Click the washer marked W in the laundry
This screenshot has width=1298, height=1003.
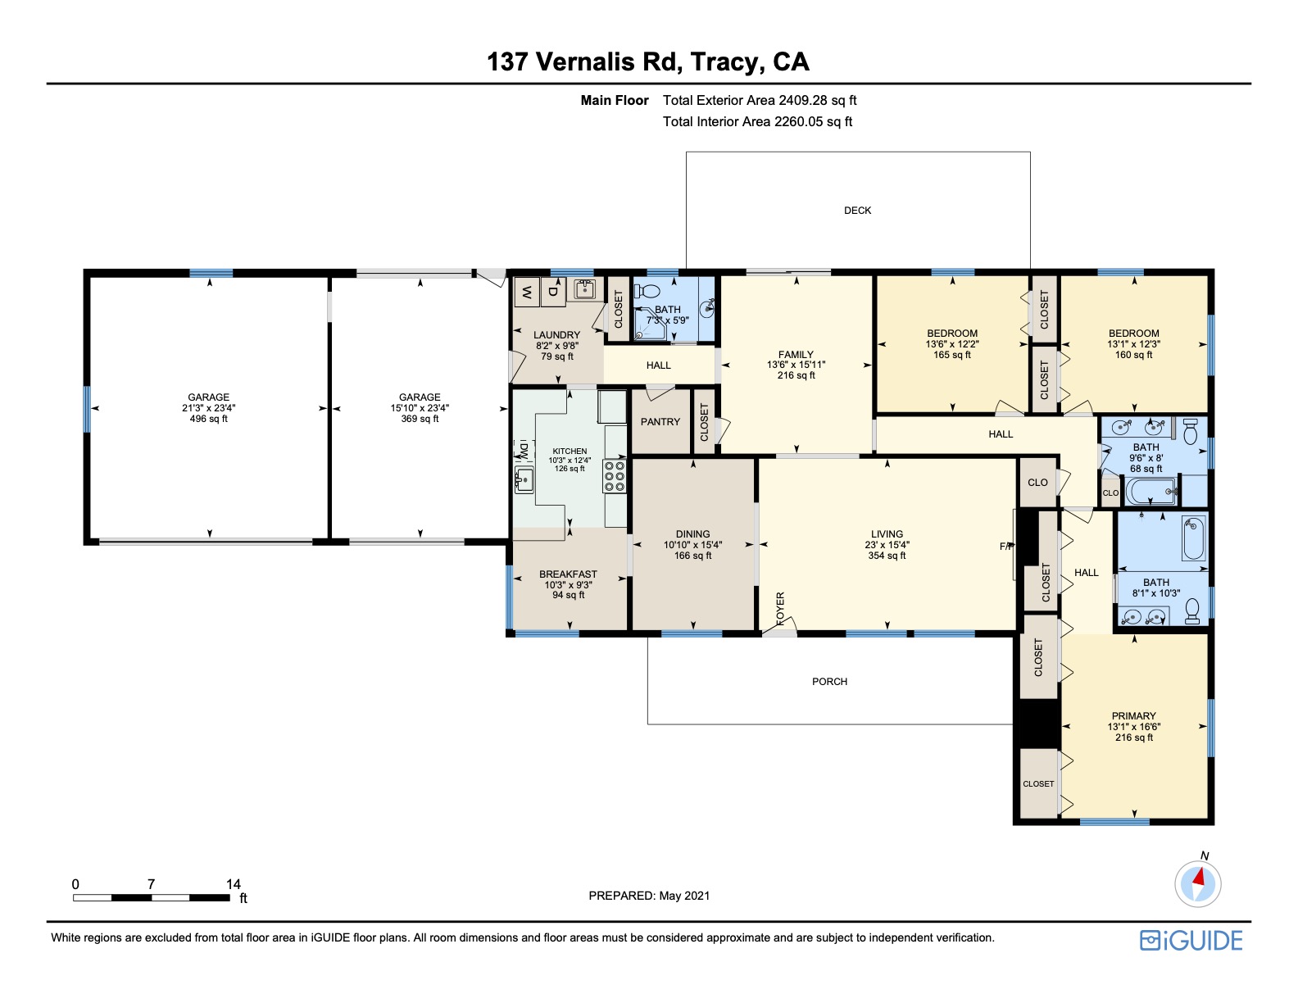[x=527, y=291]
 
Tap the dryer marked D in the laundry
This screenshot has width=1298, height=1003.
[x=553, y=291]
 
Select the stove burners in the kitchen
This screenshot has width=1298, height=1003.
[x=615, y=476]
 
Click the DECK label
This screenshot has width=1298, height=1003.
[x=857, y=211]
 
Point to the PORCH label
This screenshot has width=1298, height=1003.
[x=829, y=682]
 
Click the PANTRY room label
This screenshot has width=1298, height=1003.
[x=660, y=422]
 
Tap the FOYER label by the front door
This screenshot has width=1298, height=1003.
[x=780, y=609]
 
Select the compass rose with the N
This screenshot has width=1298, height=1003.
[x=1197, y=884]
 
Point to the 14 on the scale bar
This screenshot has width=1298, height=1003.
[x=234, y=884]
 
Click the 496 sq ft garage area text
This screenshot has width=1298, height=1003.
[x=209, y=419]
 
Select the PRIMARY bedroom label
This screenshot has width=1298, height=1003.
[x=1133, y=715]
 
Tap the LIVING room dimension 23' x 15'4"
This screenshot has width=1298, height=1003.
[x=887, y=545]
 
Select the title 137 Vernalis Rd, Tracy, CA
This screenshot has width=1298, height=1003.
[x=648, y=61]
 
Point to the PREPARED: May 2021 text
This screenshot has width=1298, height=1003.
[x=649, y=896]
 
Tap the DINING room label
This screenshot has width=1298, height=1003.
[x=692, y=534]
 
